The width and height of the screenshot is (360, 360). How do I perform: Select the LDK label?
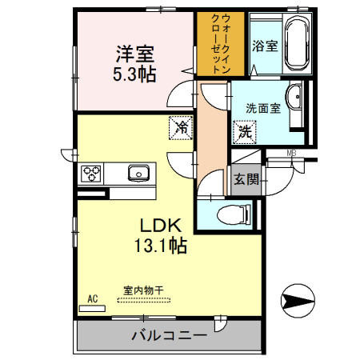point(165,225)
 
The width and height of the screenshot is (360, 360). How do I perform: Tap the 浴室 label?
point(265,46)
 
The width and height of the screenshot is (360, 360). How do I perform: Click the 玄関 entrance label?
point(246,179)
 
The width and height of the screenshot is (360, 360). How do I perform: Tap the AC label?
point(92,299)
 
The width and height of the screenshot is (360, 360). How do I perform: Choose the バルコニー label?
point(169,334)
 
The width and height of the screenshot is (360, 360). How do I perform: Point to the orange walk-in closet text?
point(214,43)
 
